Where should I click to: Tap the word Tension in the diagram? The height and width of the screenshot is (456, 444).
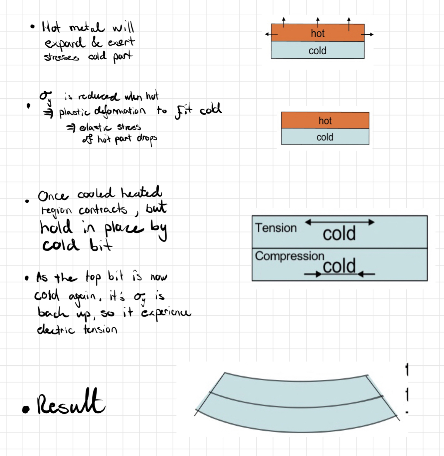pyautogui.click(x=276, y=228)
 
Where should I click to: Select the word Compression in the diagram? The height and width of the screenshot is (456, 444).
pyautogui.click(x=290, y=256)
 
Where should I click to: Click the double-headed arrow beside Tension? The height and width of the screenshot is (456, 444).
pyautogui.click(x=340, y=222)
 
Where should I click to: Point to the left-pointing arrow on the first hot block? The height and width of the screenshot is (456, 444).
pyautogui.click(x=271, y=34)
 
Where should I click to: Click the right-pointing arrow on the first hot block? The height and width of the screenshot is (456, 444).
pyautogui.click(x=368, y=34)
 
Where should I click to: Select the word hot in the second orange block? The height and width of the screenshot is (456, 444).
pyautogui.click(x=325, y=121)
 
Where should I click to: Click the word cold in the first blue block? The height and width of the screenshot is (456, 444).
pyautogui.click(x=318, y=51)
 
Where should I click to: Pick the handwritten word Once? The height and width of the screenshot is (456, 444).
pyautogui.click(x=53, y=196)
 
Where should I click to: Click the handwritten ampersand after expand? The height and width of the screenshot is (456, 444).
pyautogui.click(x=97, y=42)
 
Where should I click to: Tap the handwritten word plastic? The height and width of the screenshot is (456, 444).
pyautogui.click(x=75, y=112)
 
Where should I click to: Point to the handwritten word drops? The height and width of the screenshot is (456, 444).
pyautogui.click(x=147, y=139)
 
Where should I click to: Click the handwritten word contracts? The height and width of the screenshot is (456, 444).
pyautogui.click(x=103, y=210)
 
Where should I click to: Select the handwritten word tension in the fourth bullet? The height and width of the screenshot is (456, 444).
pyautogui.click(x=100, y=329)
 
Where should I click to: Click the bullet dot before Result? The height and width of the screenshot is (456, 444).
pyautogui.click(x=26, y=409)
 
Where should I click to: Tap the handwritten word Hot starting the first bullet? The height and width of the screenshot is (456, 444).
pyautogui.click(x=51, y=27)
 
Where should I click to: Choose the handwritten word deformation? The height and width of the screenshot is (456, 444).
pyautogui.click(x=120, y=111)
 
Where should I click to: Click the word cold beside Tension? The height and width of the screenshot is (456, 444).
pyautogui.click(x=339, y=234)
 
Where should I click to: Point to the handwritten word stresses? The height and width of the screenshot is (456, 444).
pyautogui.click(x=62, y=57)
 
